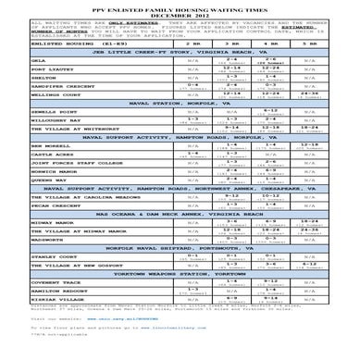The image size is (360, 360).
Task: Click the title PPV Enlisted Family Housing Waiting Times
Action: tap(180, 6)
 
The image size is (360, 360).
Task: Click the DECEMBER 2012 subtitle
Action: tap(180, 13)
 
